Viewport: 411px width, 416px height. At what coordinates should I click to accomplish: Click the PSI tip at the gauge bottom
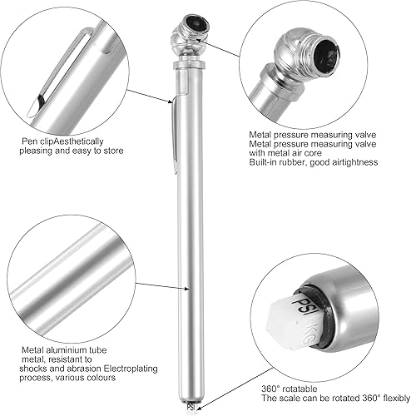coord(190,407)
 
